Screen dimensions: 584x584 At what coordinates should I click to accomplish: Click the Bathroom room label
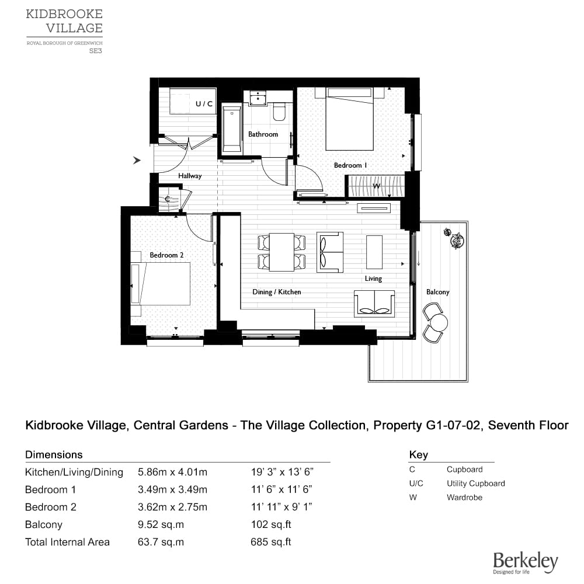[263, 134]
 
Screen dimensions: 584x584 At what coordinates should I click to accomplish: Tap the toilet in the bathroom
[279, 112]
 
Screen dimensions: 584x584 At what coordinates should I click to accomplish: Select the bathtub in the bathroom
[232, 129]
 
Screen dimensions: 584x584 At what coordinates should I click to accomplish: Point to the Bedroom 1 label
[350, 165]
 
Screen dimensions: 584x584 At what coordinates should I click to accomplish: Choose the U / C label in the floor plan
[204, 103]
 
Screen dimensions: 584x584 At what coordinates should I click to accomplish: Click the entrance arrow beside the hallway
[137, 160]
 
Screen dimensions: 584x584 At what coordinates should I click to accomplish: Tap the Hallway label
[190, 176]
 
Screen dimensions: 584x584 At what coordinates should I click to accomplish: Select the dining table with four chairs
[281, 252]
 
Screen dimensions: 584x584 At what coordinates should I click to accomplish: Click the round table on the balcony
[439, 322]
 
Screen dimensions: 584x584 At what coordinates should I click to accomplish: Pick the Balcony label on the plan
[437, 292]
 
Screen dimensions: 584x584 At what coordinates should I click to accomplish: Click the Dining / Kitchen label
[277, 292]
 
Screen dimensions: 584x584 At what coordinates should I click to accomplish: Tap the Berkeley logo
[526, 562]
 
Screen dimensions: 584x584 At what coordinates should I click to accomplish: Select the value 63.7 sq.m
[161, 542]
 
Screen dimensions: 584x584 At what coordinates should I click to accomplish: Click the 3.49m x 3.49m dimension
[172, 489]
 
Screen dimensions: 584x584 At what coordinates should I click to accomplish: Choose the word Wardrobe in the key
[464, 497]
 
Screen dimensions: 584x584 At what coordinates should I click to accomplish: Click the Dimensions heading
[54, 455]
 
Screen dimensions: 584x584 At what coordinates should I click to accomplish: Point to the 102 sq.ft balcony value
[271, 524]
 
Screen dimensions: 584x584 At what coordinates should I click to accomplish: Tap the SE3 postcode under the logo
[95, 51]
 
